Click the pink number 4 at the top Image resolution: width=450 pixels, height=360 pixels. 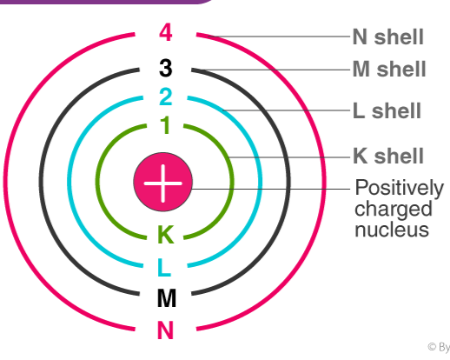(166, 32)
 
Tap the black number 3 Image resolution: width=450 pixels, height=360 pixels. (166, 68)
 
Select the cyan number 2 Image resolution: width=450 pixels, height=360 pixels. (166, 97)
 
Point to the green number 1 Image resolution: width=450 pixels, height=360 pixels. (165, 125)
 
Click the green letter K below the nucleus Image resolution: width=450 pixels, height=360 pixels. (166, 234)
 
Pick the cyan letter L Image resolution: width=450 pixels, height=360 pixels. (164, 268)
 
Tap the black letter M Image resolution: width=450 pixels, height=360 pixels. (167, 298)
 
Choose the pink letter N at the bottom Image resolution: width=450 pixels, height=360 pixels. (165, 330)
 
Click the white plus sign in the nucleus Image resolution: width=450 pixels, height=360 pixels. (163, 183)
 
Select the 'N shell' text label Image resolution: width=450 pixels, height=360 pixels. (388, 37)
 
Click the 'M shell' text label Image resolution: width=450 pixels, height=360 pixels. (389, 69)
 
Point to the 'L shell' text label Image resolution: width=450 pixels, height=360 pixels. (387, 110)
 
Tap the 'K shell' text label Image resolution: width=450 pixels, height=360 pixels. (388, 156)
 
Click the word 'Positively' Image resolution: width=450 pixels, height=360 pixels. (400, 189)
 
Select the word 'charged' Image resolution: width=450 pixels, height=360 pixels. (394, 210)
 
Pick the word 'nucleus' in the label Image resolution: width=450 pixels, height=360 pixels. (392, 230)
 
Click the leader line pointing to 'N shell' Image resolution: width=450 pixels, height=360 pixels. (279, 37)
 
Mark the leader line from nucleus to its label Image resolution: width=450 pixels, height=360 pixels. (270, 189)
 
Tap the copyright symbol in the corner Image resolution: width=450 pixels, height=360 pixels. (432, 347)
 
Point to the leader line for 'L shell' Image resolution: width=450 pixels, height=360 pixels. (287, 110)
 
